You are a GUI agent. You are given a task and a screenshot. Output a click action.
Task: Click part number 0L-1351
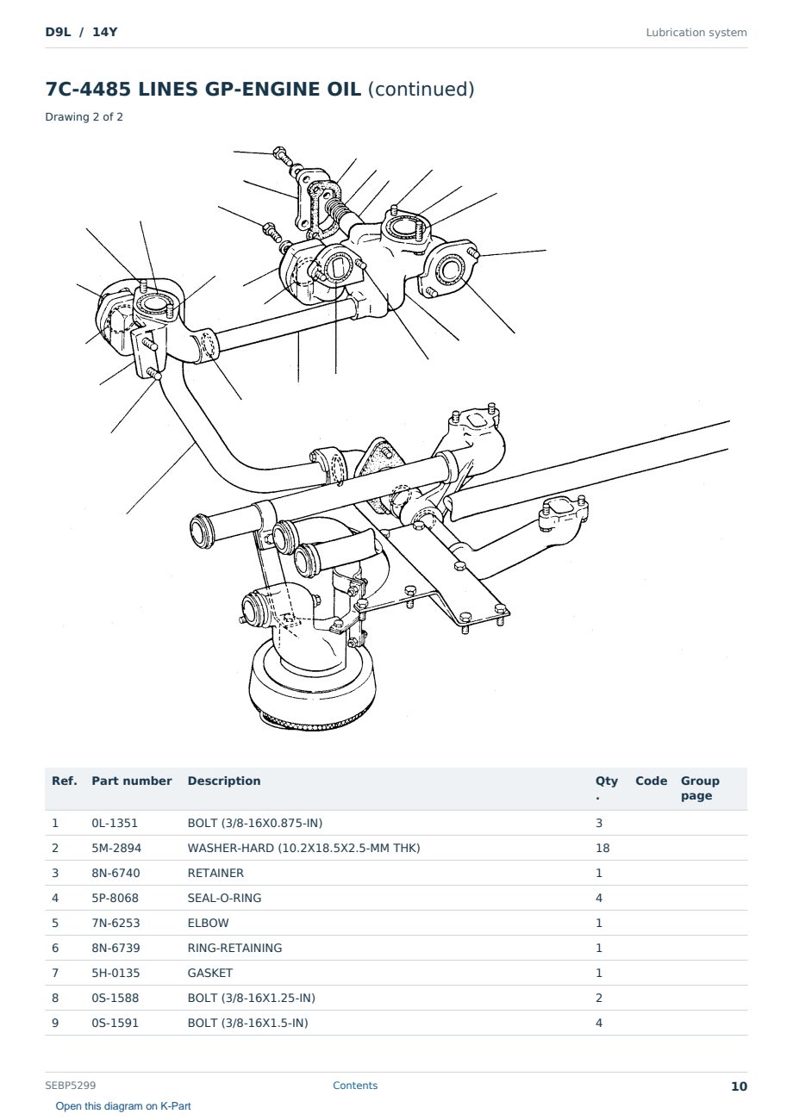(x=114, y=823)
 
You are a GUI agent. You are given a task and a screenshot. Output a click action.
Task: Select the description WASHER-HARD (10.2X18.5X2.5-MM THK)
(x=303, y=848)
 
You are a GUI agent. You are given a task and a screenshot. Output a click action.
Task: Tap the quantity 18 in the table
(x=603, y=848)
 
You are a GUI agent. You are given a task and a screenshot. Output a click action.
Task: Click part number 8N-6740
(x=116, y=873)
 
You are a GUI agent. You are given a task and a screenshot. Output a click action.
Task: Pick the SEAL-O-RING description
(x=224, y=898)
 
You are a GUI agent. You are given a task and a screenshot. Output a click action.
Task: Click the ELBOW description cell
(x=208, y=923)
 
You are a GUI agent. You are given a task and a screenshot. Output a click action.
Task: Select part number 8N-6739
(x=116, y=948)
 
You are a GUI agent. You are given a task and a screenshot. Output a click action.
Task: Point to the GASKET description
(x=210, y=973)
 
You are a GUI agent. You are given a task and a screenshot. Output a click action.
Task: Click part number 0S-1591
(x=115, y=1023)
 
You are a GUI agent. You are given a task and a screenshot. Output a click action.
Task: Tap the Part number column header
(x=132, y=781)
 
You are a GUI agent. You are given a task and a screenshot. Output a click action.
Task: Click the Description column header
(x=224, y=781)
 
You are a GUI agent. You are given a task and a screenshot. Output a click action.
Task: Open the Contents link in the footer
(x=355, y=1086)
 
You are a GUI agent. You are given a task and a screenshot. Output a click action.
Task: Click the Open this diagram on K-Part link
(x=123, y=1106)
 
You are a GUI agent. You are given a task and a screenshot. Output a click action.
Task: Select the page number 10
(x=739, y=1086)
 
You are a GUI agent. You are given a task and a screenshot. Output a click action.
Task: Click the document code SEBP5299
(x=71, y=1086)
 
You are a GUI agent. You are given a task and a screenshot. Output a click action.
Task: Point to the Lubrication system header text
(x=696, y=33)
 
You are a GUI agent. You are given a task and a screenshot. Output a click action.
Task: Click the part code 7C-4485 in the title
(x=88, y=89)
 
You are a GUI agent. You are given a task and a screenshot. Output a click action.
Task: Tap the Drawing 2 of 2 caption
(x=84, y=117)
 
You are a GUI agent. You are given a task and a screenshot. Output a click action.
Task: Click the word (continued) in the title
(x=421, y=90)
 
